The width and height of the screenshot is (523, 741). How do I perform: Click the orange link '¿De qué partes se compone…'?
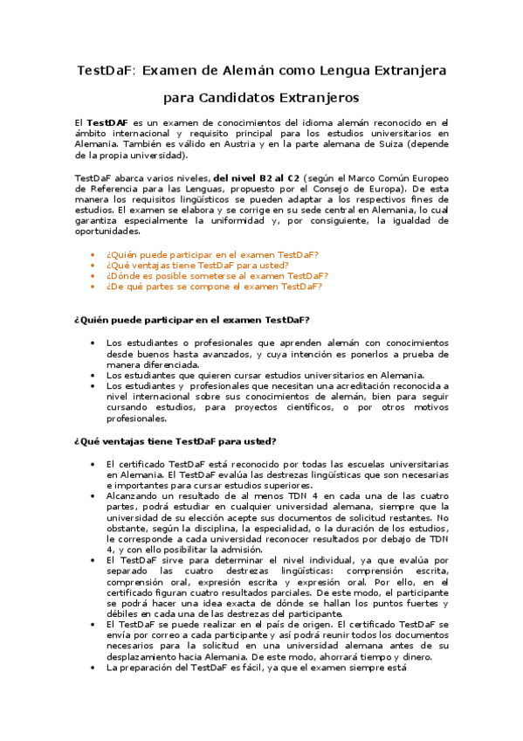(x=214, y=286)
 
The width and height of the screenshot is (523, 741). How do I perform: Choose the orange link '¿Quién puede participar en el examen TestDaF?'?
(x=212, y=254)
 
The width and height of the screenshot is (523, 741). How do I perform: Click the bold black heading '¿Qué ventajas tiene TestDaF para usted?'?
(x=175, y=440)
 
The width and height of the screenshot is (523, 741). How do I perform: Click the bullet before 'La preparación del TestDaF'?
(x=93, y=667)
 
